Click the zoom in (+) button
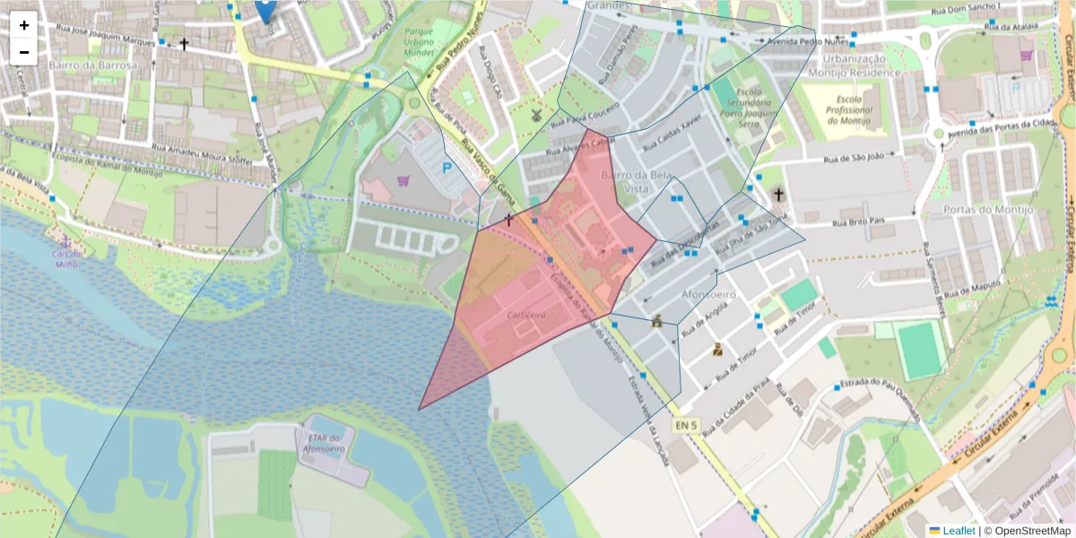point(24,25)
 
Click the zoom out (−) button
point(24,52)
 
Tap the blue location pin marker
point(265,9)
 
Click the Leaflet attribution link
point(958,531)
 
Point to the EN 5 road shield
point(684,424)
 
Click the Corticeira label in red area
point(526,316)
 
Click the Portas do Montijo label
point(988,210)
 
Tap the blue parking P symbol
point(446,168)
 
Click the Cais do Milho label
point(67,259)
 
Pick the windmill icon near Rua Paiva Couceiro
point(536,115)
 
